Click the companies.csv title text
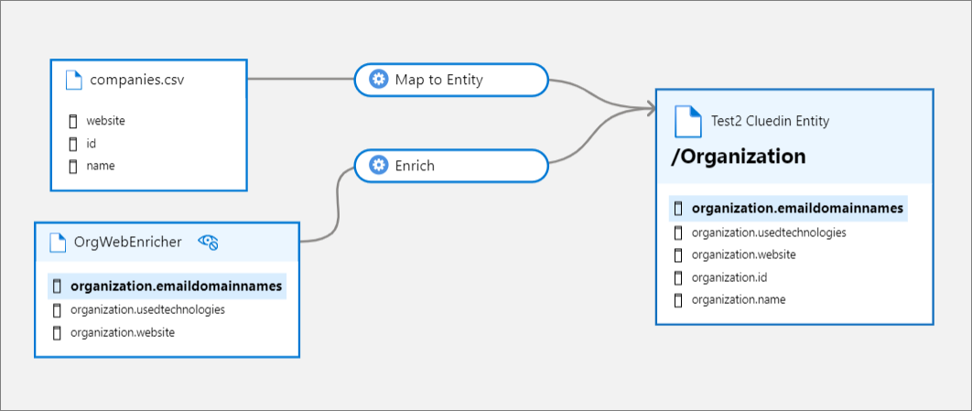(x=130, y=80)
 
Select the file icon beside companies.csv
(x=74, y=80)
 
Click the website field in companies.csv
(x=105, y=120)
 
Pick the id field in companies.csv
(x=92, y=143)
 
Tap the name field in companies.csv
(x=100, y=166)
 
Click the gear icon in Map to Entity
(x=378, y=80)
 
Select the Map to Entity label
(x=438, y=80)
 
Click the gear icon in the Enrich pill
(x=378, y=166)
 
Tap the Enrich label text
(x=415, y=166)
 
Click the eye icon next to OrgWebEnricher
(x=209, y=242)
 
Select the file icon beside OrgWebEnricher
(x=58, y=242)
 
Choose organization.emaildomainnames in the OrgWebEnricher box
(x=176, y=287)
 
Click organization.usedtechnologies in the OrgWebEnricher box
(x=147, y=309)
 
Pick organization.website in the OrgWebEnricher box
(x=122, y=332)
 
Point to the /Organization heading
(x=738, y=157)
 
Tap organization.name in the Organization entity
(x=738, y=299)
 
